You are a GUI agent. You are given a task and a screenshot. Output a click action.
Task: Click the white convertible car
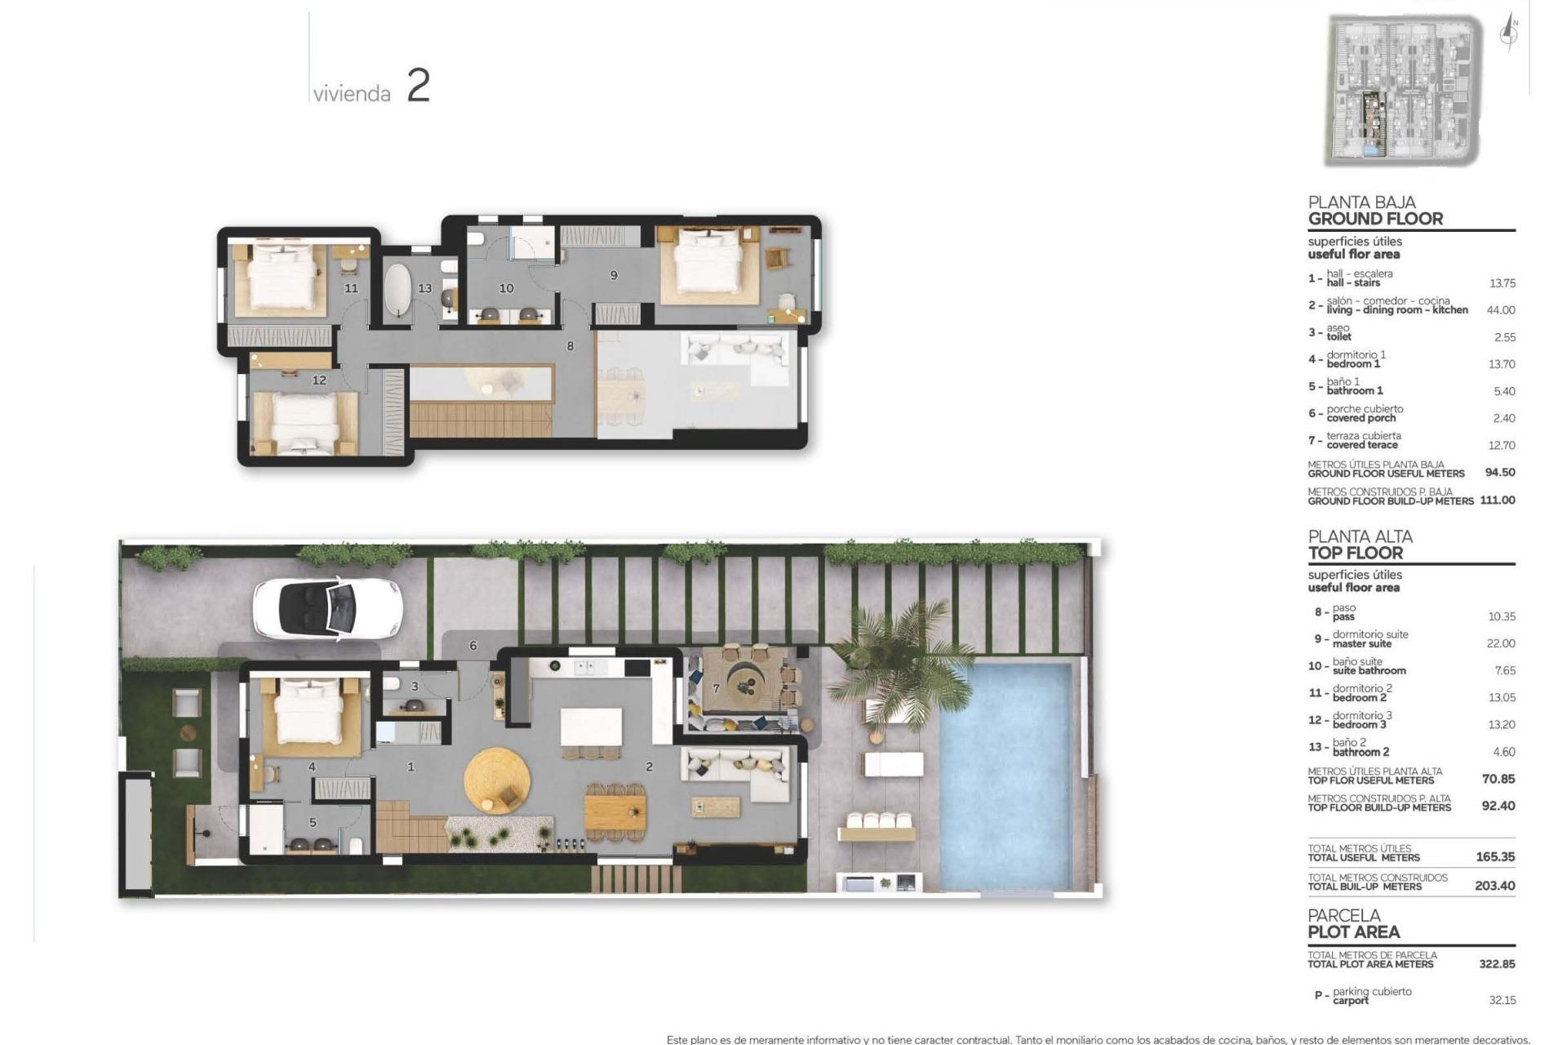click(x=327, y=608)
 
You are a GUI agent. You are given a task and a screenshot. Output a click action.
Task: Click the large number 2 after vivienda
click(x=418, y=86)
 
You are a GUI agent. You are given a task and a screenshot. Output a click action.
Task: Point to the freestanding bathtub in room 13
click(x=400, y=290)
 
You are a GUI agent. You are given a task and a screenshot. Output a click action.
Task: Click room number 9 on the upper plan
click(x=614, y=275)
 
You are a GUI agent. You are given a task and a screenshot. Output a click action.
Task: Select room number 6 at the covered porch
click(x=473, y=646)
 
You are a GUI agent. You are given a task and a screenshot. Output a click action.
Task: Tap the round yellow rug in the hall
click(x=496, y=780)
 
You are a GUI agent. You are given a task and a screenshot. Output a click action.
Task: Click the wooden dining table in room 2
click(x=615, y=812)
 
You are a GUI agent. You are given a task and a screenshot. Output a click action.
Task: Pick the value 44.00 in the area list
click(x=1501, y=310)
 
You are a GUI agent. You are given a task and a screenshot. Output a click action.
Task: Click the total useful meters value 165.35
click(x=1494, y=856)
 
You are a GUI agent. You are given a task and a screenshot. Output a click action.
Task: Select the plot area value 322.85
click(x=1496, y=963)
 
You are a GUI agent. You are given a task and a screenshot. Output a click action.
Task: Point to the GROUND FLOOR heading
click(x=1375, y=219)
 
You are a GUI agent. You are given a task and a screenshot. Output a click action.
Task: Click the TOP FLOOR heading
click(x=1355, y=553)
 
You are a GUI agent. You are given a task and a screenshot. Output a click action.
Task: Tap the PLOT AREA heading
click(x=1353, y=932)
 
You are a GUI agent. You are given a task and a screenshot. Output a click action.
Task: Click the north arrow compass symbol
click(x=1510, y=34)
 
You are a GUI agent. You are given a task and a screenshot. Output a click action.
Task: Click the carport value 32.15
click(x=1502, y=999)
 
